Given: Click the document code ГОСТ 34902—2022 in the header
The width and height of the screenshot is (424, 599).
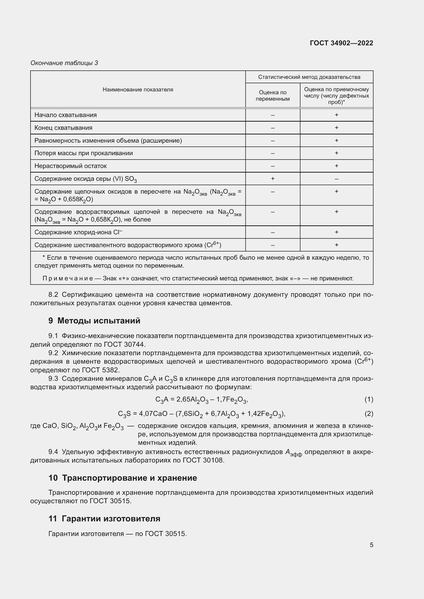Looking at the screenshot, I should click(341, 43).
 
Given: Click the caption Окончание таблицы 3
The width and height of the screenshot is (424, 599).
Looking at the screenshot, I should click(64, 63).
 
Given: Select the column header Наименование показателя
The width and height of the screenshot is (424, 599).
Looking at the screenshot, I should click(138, 89).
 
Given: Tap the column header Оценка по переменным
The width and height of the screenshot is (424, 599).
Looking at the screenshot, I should click(272, 96).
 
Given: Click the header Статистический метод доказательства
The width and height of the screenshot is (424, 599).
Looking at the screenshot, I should click(309, 77).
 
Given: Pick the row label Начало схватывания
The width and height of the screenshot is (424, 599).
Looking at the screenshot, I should click(66, 115).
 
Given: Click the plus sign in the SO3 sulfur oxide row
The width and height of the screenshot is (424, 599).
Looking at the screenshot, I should click(272, 178).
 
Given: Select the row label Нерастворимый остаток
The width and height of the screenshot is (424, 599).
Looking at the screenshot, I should click(70, 166).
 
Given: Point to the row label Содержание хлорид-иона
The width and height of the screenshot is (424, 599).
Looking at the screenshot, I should click(78, 232).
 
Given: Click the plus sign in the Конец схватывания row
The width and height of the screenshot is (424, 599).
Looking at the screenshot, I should click(336, 128).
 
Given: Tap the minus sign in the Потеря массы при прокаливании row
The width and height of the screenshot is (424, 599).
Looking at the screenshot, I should click(272, 153).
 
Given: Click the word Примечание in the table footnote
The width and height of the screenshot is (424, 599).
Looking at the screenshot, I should click(68, 278).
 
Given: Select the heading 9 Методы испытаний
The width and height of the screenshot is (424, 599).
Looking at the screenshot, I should click(94, 321).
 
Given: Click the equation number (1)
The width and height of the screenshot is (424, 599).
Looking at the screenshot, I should click(369, 400).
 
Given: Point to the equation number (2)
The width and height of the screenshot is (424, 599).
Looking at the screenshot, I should click(369, 414).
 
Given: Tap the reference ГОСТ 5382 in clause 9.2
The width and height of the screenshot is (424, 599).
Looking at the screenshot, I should click(100, 370).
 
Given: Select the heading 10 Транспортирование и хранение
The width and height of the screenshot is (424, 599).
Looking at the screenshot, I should click(123, 478).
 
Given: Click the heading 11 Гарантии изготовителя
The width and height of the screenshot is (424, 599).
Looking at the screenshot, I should click(104, 519).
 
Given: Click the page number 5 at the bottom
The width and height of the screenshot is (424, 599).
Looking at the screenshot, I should click(371, 545).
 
